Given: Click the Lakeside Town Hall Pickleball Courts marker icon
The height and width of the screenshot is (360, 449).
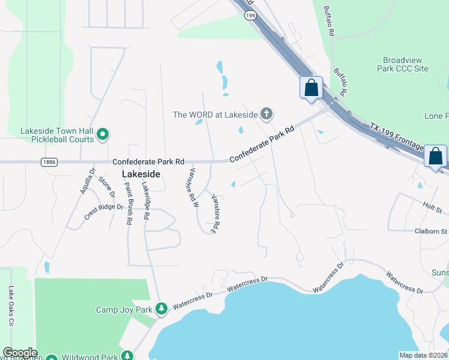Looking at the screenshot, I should (x=103, y=135).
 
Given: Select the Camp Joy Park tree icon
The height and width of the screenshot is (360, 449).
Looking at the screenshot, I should (x=161, y=309).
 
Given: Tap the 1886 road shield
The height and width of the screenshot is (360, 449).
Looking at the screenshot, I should (x=49, y=162).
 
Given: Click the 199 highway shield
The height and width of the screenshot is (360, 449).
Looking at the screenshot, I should (x=256, y=15).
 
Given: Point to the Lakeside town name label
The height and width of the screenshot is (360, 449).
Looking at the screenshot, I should (x=141, y=174).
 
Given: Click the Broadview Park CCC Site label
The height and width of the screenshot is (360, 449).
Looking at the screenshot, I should (x=406, y=65).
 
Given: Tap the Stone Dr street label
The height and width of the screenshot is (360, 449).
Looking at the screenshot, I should (x=106, y=187).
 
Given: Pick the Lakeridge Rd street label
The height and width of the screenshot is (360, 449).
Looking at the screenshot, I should (x=145, y=200).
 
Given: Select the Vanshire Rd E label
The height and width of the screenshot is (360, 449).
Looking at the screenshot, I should (x=212, y=213).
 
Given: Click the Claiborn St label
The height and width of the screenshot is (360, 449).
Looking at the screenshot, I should (x=431, y=231).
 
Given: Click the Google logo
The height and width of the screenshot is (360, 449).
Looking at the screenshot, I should (x=19, y=353).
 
